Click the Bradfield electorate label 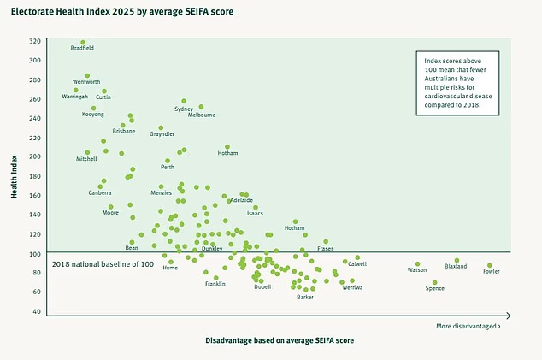click(83, 50)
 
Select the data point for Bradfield click(83, 42)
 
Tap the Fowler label click(492, 272)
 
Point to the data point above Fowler click(490, 265)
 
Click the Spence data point click(435, 282)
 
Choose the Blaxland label click(456, 267)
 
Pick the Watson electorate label click(417, 270)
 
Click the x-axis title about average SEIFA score click(280, 340)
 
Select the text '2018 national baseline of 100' click(103, 263)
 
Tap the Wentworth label click(86, 82)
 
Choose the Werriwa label click(352, 287)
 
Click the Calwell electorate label click(357, 264)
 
